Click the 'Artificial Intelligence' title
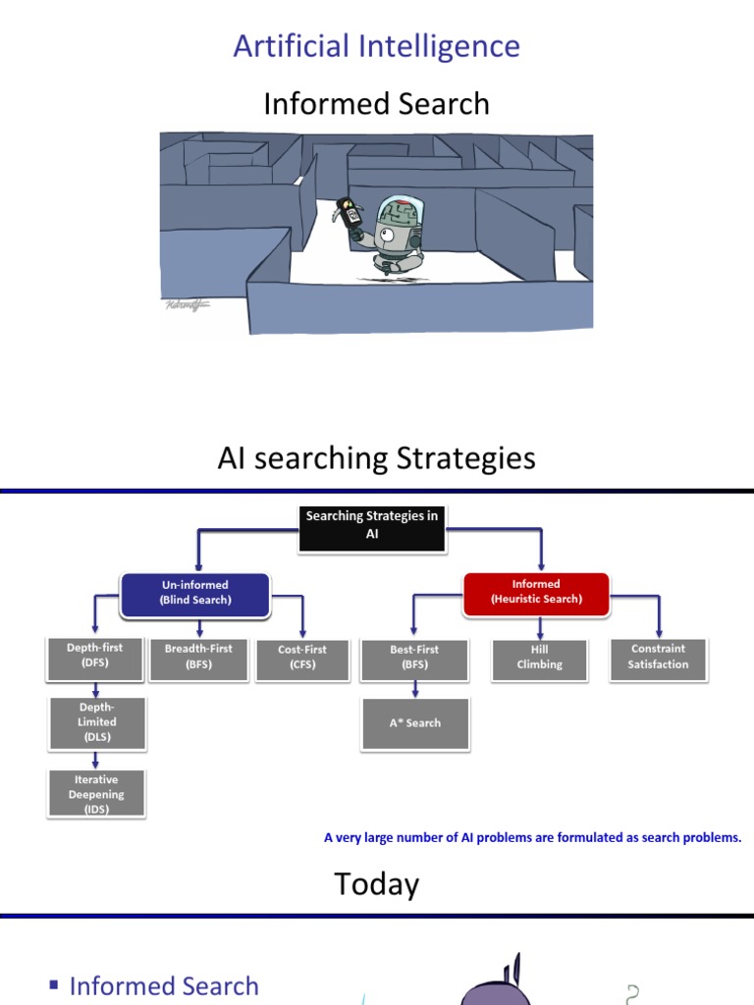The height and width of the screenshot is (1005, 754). click(x=376, y=46)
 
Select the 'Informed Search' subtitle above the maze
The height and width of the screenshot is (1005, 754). click(x=376, y=103)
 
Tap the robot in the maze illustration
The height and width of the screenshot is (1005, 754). click(x=394, y=235)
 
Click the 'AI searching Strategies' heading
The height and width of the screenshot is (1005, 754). click(x=376, y=458)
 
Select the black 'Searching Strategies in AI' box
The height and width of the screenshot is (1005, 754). click(x=371, y=525)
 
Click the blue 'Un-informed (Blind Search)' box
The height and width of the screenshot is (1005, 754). click(x=196, y=593)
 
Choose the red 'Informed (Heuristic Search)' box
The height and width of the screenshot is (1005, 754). click(x=536, y=593)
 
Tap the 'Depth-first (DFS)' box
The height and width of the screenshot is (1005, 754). click(x=95, y=657)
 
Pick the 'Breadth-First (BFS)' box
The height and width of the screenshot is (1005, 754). click(x=198, y=658)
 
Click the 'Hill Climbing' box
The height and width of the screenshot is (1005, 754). click(x=539, y=658)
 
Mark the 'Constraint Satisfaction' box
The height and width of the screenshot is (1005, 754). click(x=659, y=658)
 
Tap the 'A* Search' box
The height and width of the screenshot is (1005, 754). click(x=415, y=723)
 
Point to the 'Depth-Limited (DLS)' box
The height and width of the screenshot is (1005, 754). click(x=96, y=722)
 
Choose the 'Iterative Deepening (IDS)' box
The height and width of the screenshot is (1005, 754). click(x=96, y=794)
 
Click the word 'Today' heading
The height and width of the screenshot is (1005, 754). click(x=376, y=884)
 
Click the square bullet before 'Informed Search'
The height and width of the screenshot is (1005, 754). click(x=54, y=985)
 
